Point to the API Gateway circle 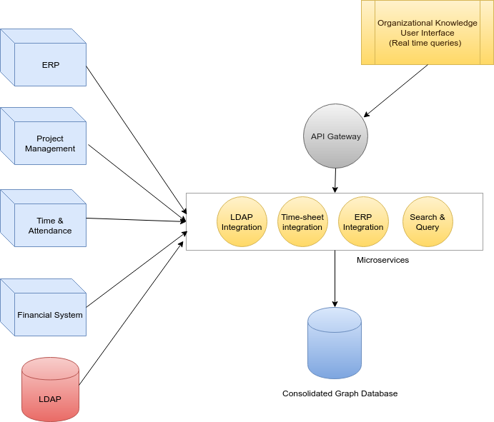pos(335,136)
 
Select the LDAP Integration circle pos(242,222)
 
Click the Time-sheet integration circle pos(302,222)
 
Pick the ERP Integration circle pos(363,222)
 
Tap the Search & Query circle pos(428,222)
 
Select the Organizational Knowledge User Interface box pos(427,32)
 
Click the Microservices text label pos(382,261)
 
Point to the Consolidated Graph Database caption pos(340,393)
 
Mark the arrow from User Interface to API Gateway pos(397,90)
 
